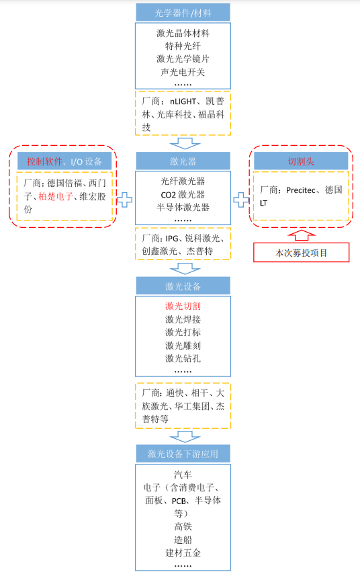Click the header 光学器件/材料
[183, 13]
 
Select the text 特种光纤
[183, 46]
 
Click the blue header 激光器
[183, 161]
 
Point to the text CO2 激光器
[183, 194]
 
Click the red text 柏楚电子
[55, 197]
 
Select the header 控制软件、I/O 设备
[64, 161]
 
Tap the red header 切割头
[301, 161]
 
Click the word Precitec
[301, 190]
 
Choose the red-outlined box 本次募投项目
[302, 253]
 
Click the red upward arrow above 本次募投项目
[302, 235]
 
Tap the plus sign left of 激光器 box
[125, 200]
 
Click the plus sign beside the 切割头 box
[241, 200]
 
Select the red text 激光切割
[183, 306]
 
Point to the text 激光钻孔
[183, 358]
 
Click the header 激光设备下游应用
[183, 454]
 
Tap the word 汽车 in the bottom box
[183, 475]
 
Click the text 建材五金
[183, 553]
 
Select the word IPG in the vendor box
[172, 239]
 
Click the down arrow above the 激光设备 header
[185, 268]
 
